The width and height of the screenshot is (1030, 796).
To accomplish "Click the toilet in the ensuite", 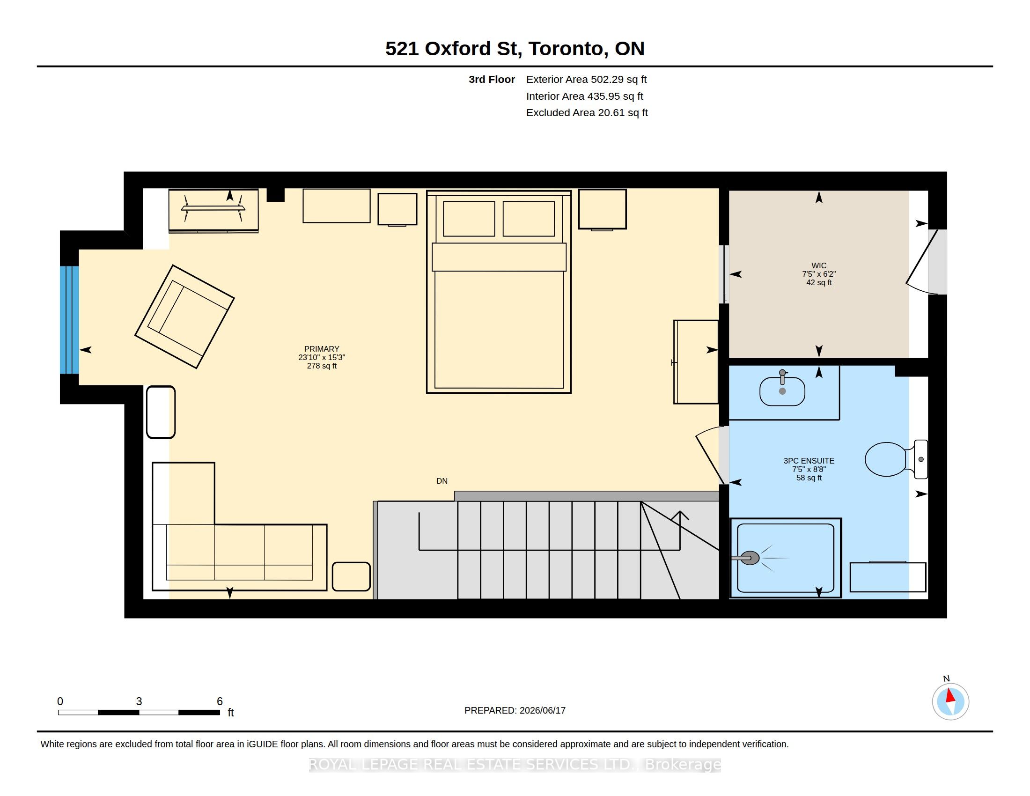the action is (896, 459).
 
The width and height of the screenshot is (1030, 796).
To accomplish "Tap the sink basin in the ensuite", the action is (782, 391).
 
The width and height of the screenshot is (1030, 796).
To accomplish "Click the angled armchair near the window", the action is (184, 317).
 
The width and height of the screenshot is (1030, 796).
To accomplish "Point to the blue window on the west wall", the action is (69, 320).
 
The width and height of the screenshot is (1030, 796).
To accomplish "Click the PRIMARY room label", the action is (322, 349).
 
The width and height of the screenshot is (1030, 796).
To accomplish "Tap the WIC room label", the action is (819, 265).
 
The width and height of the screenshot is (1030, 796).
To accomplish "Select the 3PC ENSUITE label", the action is (809, 461).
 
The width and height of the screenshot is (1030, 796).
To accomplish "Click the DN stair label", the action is (442, 481).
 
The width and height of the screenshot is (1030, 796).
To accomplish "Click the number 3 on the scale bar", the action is (139, 701).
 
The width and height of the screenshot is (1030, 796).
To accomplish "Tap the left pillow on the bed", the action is (469, 219).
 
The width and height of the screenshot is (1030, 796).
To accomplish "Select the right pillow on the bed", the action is (529, 219).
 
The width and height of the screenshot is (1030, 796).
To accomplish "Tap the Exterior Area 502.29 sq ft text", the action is (586, 80).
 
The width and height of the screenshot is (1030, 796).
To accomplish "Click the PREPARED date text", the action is (515, 710).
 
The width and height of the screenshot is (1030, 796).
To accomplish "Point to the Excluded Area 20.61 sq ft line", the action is (587, 113).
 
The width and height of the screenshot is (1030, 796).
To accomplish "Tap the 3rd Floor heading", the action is (492, 80).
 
